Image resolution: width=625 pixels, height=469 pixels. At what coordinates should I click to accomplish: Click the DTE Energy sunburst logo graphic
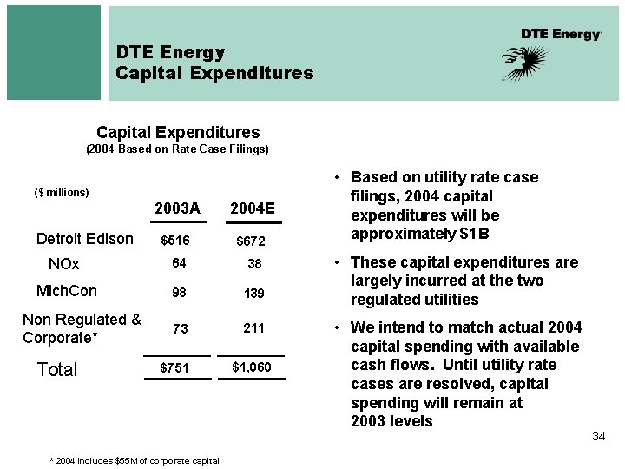coord(525,62)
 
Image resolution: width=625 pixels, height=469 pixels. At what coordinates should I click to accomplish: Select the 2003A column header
coord(177,208)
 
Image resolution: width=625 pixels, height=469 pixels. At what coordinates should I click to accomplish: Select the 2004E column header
coord(252,208)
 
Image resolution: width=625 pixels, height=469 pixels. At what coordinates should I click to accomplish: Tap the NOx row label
coord(64,264)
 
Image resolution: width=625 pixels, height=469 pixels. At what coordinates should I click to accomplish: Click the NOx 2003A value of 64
coord(179,263)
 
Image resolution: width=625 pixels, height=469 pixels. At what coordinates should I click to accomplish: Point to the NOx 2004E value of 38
coord(253,263)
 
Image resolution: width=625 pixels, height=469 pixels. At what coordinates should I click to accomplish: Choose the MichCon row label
coord(66,291)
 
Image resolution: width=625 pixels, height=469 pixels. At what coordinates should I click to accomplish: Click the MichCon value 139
coord(253,294)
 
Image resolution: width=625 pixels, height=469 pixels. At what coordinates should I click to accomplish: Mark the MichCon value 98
coord(179,294)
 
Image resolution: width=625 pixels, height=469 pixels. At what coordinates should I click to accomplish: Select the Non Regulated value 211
coord(253,328)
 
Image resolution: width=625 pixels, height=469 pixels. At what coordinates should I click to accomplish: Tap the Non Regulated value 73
coord(179,328)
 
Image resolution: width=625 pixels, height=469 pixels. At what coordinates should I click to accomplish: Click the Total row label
coord(57,370)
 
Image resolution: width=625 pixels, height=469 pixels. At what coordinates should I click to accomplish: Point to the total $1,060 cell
coord(252,367)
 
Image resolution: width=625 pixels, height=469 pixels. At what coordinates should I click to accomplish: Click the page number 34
coord(598,436)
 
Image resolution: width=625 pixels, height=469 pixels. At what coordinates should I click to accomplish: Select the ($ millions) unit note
coord(62,192)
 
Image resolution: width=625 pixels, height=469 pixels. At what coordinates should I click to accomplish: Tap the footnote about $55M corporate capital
coord(135,460)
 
